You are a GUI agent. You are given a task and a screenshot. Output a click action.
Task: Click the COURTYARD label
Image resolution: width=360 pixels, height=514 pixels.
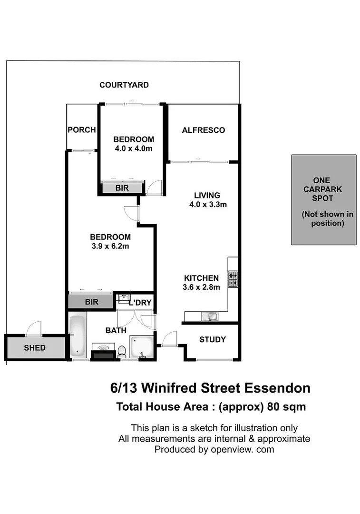point(124,85)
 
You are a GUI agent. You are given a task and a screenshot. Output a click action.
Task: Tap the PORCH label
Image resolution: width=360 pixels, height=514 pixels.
point(81,130)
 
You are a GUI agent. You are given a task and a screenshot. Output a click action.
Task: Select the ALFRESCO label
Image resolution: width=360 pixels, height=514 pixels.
point(203,130)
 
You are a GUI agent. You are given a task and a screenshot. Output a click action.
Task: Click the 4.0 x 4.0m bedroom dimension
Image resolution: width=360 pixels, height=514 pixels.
point(133,149)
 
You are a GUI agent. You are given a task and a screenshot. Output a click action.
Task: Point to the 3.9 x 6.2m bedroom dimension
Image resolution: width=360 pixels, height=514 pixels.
point(110,246)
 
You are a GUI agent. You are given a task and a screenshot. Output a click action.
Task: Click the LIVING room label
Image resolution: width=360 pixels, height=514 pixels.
point(207,195)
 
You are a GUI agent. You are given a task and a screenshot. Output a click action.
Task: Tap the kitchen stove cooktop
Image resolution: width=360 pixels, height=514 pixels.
point(233,279)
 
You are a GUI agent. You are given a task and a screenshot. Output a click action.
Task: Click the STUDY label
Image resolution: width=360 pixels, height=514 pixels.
point(212,340)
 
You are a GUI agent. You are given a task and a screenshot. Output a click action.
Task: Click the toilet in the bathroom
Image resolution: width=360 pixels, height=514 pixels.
point(122,351)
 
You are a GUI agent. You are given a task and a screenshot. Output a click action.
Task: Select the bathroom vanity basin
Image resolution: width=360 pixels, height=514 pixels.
point(103,349)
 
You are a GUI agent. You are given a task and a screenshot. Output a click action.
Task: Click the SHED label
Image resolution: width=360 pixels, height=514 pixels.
point(35,348)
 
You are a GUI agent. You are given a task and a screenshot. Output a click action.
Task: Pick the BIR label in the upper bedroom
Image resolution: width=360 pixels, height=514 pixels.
point(122,188)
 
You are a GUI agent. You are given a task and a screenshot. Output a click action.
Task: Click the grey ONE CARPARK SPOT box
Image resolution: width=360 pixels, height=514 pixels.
point(323,200)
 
